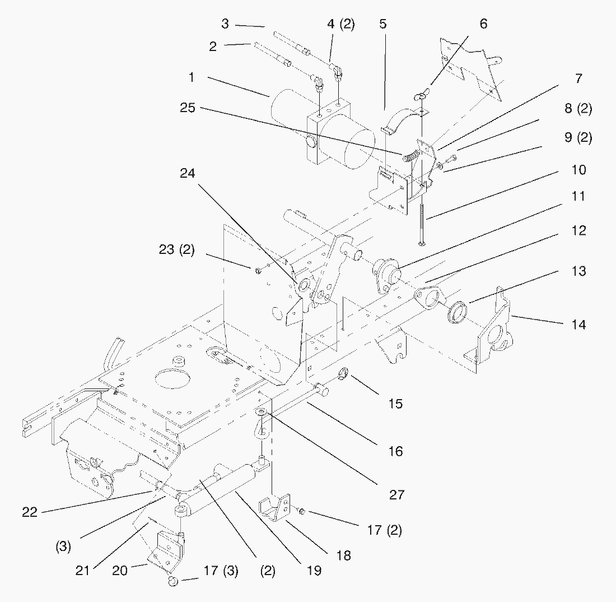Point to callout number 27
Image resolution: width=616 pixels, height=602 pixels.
pos(395,495)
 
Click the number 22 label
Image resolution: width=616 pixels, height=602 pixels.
pos(30,512)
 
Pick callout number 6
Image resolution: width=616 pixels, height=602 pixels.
pos(483,24)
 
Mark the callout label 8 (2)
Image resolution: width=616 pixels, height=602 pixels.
pos(578,109)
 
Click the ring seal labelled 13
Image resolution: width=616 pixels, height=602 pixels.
pos(456,312)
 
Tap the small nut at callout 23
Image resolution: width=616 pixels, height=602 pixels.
pos(258,271)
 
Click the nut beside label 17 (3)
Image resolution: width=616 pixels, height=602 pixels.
pos(172,582)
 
